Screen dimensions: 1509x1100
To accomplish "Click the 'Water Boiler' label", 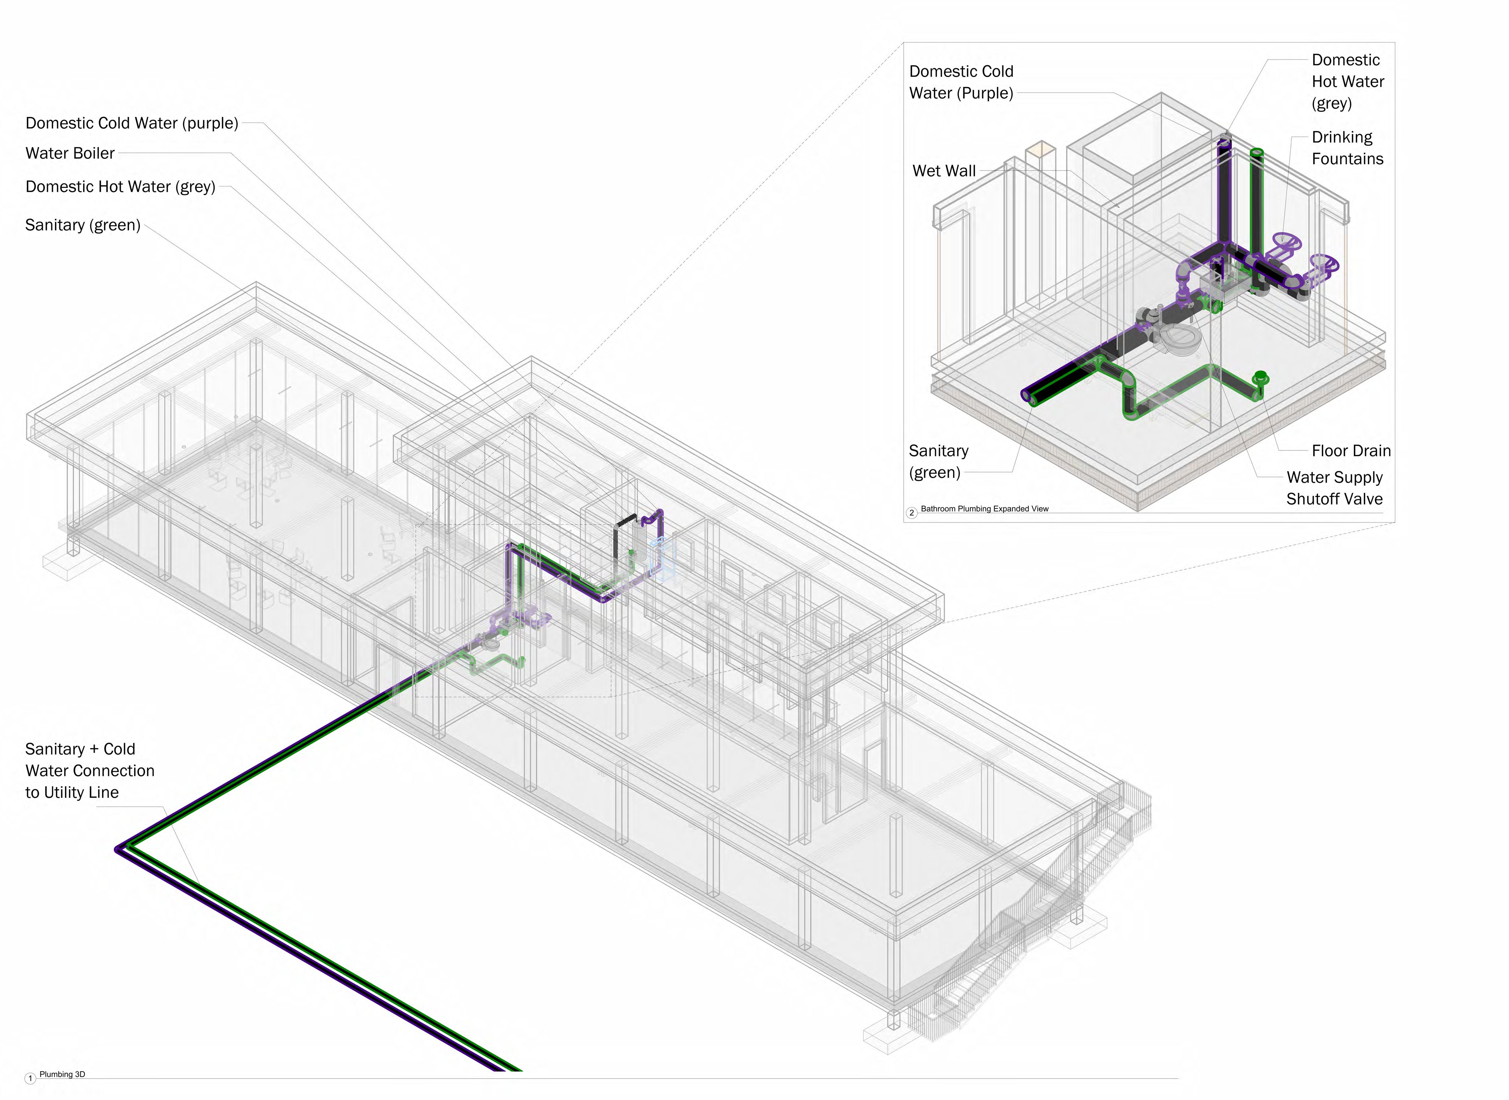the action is [x=70, y=153].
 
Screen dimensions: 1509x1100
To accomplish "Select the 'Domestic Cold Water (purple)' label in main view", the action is [x=131, y=123].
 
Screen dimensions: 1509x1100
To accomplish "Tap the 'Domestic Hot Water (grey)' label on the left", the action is [x=120, y=186].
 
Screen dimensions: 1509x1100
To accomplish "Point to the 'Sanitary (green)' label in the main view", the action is [x=83, y=225].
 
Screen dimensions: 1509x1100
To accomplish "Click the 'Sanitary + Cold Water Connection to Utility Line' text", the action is [x=89, y=770].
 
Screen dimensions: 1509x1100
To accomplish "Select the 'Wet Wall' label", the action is [x=944, y=171].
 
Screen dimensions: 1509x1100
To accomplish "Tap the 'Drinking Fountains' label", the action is [x=1346, y=148].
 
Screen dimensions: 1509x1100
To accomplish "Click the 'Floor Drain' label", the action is [x=1350, y=451].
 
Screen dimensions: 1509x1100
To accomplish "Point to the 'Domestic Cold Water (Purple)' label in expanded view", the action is [x=961, y=82].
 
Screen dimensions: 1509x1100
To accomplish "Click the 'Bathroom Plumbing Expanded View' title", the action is [x=984, y=509].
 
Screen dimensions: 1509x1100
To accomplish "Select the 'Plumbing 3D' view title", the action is [x=62, y=1074].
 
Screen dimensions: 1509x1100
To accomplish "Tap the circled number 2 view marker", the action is [x=912, y=512].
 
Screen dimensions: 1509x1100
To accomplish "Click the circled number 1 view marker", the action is [x=30, y=1078].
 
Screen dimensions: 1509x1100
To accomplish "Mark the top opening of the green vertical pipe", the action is [x=1257, y=152].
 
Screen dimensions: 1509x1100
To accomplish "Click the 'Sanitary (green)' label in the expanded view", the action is [x=938, y=461].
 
